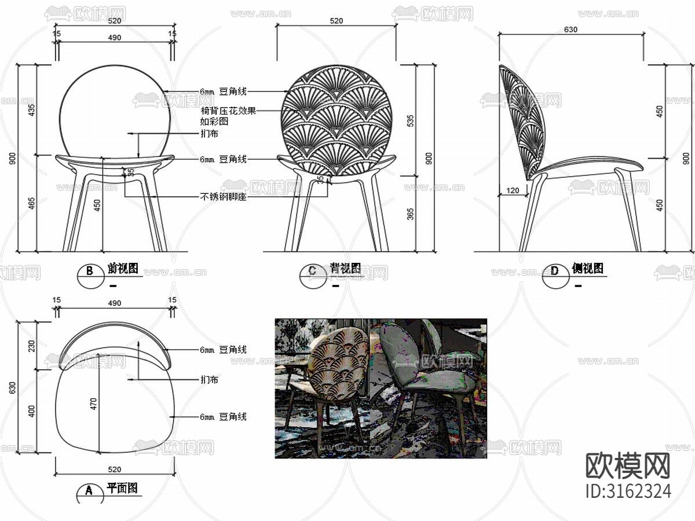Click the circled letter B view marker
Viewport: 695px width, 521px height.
pos(89,271)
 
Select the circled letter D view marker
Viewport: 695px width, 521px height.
pos(554,271)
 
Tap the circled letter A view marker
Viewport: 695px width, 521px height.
pos(89,490)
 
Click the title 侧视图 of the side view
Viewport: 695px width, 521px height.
pos(587,269)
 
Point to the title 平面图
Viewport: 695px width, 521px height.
pos(122,489)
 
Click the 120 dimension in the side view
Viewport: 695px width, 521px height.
pos(513,190)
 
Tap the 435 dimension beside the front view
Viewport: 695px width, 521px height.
pos(31,109)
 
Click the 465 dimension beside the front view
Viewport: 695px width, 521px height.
pos(31,204)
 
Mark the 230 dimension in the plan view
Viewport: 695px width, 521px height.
pos(32,345)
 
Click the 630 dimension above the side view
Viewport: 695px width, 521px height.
pos(570,30)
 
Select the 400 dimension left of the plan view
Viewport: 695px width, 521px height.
pos(32,410)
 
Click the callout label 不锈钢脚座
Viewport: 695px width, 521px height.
pos(224,197)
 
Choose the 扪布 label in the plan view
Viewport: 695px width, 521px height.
pos(209,380)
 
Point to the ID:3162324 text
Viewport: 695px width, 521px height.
pos(628,491)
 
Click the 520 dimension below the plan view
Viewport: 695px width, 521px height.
pos(114,469)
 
